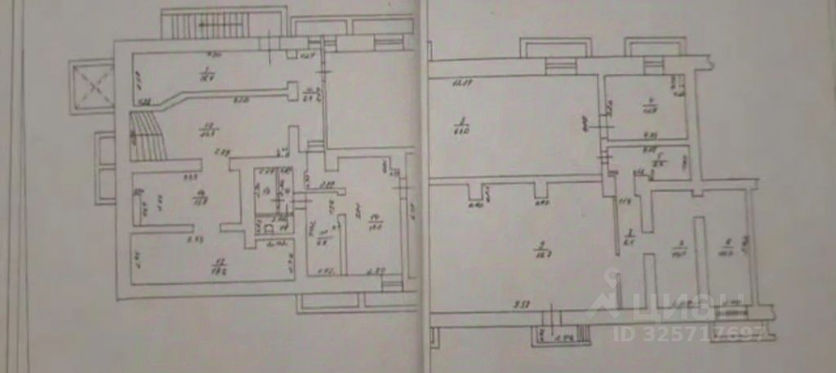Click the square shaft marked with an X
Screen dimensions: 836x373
click(x=92, y=83)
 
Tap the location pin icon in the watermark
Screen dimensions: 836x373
click(x=609, y=295)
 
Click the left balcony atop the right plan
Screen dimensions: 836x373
click(x=558, y=50)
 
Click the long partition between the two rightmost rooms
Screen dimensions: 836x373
click(x=699, y=261)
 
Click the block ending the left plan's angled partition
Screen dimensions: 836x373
click(x=291, y=91)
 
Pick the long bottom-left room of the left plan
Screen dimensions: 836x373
click(x=211, y=260)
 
